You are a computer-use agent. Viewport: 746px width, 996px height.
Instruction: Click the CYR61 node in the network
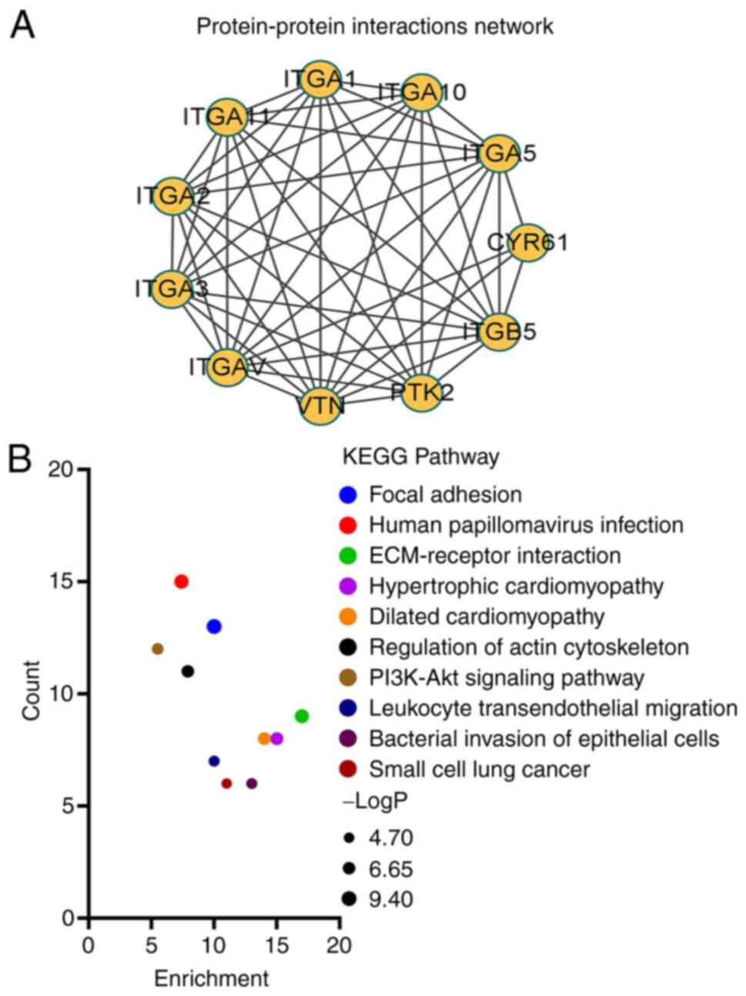coord(527,243)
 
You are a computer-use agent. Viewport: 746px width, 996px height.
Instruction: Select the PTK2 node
coord(420,392)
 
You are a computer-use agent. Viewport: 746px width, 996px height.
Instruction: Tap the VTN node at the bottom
coord(320,404)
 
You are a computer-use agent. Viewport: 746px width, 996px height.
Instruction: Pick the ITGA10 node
coord(421,92)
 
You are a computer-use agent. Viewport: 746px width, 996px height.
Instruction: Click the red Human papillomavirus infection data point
coord(182,581)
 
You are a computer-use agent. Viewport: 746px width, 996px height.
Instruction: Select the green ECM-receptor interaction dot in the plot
coord(302,716)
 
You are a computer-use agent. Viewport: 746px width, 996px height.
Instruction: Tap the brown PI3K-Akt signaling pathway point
coord(158,649)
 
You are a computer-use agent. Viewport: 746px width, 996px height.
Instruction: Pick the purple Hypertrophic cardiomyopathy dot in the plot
coord(277,739)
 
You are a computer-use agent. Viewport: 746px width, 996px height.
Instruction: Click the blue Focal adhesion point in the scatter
coord(214,627)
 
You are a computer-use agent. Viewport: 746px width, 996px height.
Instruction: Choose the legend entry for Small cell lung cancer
coord(480,769)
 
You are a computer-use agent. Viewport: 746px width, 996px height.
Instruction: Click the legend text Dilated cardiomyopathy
coord(487,617)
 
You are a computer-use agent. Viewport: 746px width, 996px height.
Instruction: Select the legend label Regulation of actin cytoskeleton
coord(529,647)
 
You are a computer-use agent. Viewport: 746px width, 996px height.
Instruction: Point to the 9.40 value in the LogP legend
coord(390,898)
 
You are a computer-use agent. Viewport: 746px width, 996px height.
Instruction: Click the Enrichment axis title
coord(212,978)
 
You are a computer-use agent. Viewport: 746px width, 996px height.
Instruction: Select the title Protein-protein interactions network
coord(375,26)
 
